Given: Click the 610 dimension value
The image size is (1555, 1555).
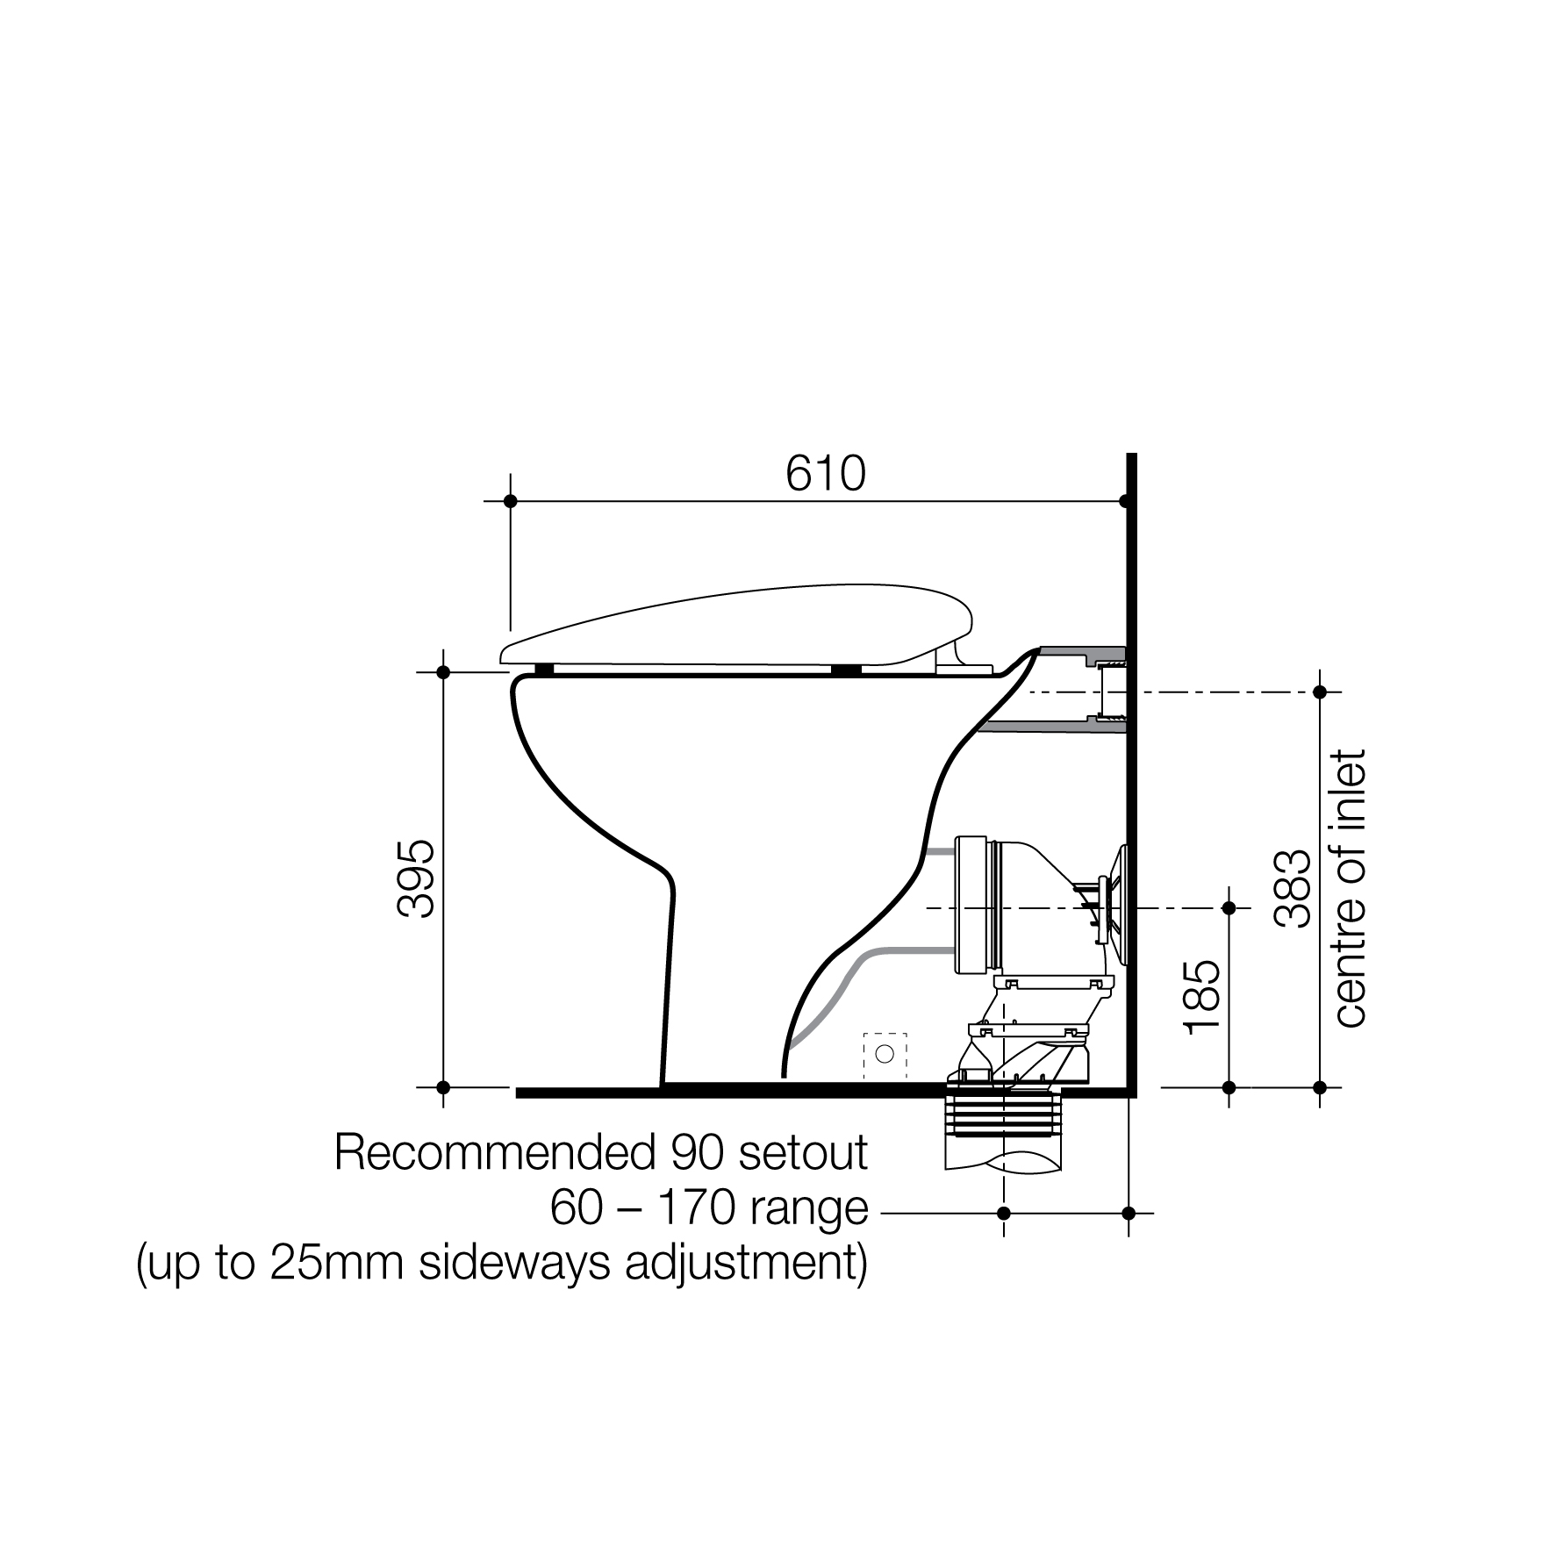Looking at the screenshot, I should point(825,475).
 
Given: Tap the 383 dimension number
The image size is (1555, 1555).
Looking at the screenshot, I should point(1293,888).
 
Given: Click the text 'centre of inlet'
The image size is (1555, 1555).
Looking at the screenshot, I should point(1351,888).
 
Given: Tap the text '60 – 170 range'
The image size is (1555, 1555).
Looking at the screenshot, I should point(708,1209).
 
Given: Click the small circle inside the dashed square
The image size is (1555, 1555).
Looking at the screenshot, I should point(885,1053).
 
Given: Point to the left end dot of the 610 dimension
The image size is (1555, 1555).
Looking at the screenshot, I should point(511,501).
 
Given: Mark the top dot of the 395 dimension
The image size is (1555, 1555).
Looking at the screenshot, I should point(443,672).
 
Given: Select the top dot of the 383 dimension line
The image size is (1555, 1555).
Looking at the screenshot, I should point(1319,692).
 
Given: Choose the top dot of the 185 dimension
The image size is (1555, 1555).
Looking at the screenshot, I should point(1229,907).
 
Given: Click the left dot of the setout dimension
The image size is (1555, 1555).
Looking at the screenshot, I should point(1004,1214).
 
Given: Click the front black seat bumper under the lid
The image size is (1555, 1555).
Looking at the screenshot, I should point(544,670).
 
